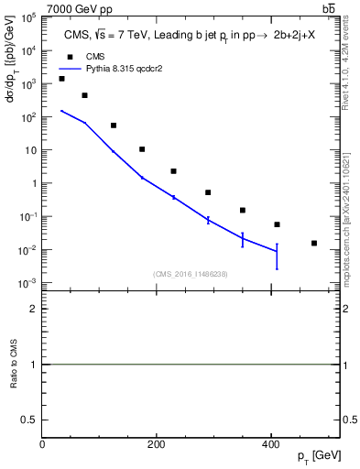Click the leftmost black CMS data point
(61, 79)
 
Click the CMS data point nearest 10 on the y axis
(142, 149)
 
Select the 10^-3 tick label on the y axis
(28, 283)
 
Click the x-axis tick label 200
(156, 445)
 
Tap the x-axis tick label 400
(269, 445)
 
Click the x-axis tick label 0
(43, 445)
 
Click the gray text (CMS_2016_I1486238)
(191, 273)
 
